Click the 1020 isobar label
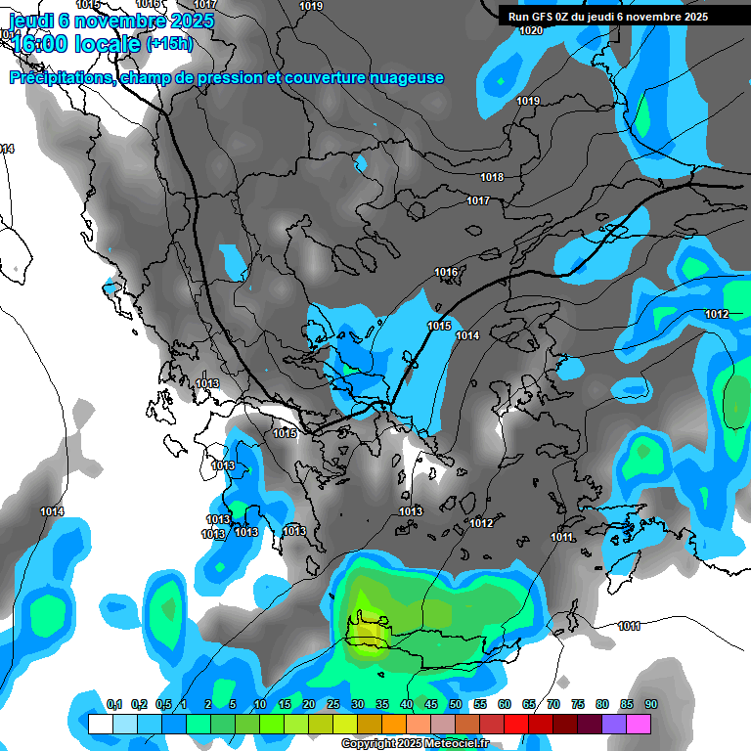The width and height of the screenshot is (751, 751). [531, 30]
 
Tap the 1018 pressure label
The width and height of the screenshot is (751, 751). [492, 177]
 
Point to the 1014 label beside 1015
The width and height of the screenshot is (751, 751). [467, 335]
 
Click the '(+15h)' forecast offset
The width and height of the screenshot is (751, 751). [169, 43]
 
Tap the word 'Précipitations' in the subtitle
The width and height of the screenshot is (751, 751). [61, 78]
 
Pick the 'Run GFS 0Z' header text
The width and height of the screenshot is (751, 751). [543, 16]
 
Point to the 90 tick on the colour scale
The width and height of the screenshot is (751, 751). [650, 705]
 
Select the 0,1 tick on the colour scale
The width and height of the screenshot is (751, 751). [113, 705]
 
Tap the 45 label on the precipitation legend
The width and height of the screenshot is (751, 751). [431, 705]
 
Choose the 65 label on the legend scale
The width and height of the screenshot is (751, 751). [529, 705]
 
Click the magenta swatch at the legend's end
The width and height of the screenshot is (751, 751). [639, 724]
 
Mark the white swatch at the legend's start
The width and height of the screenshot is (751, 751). [101, 724]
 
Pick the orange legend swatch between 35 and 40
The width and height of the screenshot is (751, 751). [394, 724]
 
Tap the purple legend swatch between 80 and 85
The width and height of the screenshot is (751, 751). [614, 724]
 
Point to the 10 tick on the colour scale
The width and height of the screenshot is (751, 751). [259, 705]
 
